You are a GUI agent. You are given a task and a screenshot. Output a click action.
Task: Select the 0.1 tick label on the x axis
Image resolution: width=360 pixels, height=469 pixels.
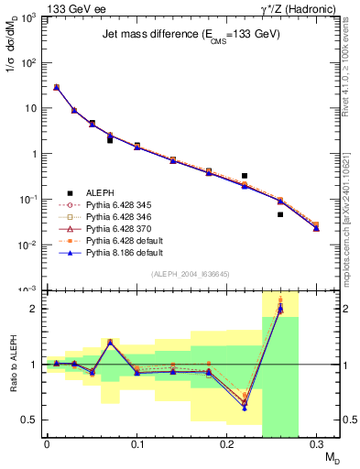tap(136, 446)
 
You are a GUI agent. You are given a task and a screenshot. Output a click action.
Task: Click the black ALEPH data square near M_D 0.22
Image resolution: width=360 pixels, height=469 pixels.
tap(245, 175)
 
